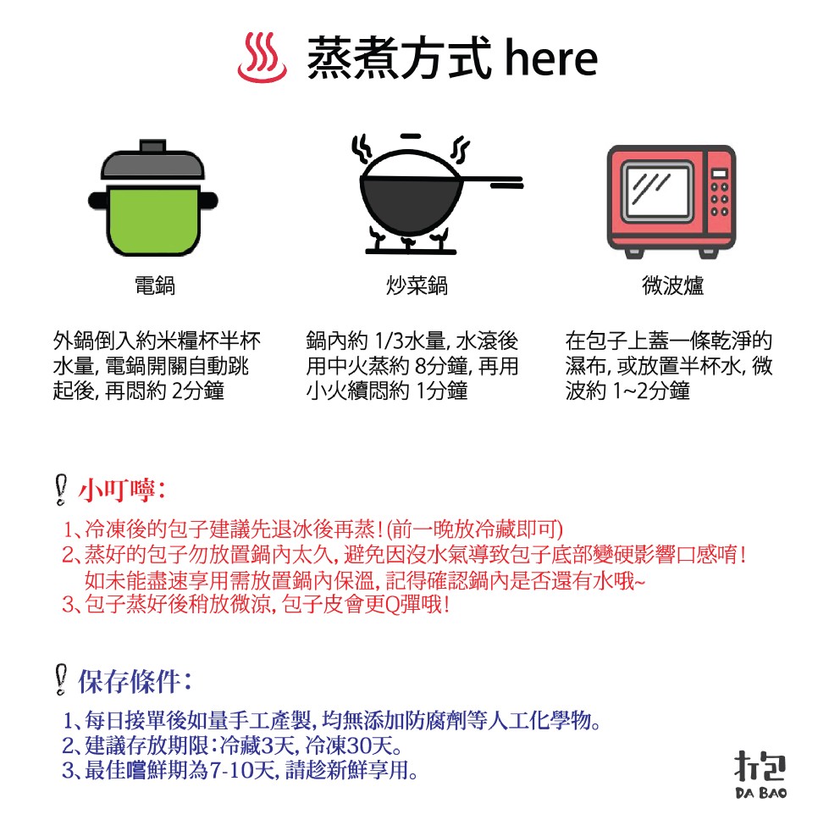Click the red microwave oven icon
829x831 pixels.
pyautogui.click(x=671, y=202)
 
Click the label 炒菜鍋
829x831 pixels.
pyautogui.click(x=416, y=286)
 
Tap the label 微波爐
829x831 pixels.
pyautogui.click(x=672, y=286)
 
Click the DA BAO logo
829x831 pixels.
pyautogui.click(x=760, y=773)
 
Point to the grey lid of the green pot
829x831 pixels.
pyautogui.click(x=152, y=161)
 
